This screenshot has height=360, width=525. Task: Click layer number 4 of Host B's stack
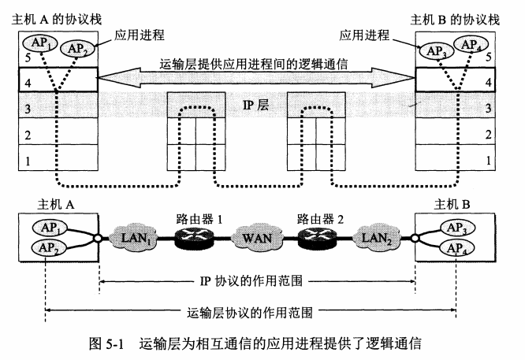489,81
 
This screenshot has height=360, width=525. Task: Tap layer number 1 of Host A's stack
28,161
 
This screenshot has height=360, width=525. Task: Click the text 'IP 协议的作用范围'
258,280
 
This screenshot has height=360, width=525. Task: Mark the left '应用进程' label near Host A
139,35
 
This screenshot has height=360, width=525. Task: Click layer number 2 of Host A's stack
28,135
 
